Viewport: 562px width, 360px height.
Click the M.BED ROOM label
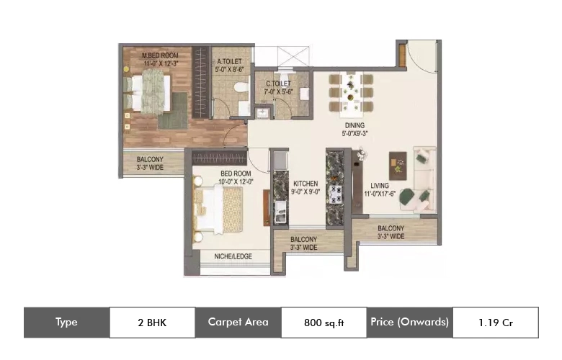160,55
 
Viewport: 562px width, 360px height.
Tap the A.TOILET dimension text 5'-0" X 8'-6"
229,70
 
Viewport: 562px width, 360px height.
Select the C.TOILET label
279,84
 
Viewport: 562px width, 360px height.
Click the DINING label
354,125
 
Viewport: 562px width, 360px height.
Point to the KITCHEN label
305,184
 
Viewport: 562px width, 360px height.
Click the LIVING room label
380,186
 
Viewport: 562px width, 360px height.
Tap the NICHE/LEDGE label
233,256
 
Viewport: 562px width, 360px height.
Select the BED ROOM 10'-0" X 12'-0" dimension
236,181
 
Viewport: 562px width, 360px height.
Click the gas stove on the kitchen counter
336,194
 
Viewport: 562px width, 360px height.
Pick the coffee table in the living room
398,166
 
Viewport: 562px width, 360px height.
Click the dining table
351,94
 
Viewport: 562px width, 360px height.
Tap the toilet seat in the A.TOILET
241,87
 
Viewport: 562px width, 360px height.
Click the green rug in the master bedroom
173,111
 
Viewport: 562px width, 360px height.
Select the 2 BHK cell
152,323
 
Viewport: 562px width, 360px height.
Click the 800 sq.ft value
324,323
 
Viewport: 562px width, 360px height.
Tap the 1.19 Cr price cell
496,323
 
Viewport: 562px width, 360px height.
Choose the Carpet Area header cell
238,322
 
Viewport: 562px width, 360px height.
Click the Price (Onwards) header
410,322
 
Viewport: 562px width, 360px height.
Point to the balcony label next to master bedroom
150,163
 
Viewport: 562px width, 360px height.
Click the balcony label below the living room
391,232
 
